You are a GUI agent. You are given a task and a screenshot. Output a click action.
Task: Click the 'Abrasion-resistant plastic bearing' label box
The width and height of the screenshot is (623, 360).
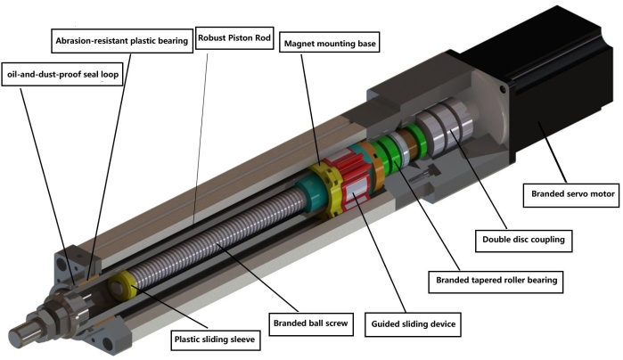click(122, 40)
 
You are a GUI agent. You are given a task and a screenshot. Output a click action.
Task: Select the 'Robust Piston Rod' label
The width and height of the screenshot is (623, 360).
click(234, 37)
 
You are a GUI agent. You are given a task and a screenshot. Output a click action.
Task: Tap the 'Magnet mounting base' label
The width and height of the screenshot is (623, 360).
click(330, 44)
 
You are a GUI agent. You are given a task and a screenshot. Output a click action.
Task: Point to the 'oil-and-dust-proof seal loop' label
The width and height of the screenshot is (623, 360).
click(62, 74)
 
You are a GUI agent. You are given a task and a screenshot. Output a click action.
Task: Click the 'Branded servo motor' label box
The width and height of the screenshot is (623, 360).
click(571, 194)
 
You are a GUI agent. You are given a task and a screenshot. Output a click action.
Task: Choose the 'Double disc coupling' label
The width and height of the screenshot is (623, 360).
click(523, 240)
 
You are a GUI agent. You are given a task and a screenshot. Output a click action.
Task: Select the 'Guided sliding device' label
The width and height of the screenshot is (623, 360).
click(414, 324)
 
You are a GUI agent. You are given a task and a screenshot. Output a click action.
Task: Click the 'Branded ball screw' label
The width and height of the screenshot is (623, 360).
click(311, 323)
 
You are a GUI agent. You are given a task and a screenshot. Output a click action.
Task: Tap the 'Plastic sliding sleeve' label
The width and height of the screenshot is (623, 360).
click(215, 340)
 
